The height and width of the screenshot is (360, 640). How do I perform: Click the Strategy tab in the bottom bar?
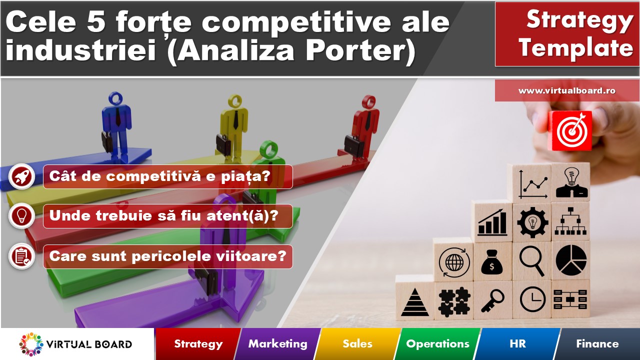(198, 343)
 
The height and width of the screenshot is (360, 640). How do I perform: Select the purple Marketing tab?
(277, 343)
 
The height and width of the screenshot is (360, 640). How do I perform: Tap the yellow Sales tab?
(357, 343)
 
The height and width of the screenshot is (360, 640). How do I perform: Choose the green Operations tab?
(437, 343)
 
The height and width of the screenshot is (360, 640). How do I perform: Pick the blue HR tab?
(517, 343)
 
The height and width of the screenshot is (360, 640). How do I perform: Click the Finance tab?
(597, 343)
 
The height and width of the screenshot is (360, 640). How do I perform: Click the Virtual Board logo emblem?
(31, 344)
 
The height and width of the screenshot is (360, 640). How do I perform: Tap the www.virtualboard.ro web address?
(567, 91)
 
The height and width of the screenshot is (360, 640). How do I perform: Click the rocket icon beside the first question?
(21, 176)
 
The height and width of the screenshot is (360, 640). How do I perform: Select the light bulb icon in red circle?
(21, 216)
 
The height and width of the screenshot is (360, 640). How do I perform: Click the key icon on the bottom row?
(492, 300)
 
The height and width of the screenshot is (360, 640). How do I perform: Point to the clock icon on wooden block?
(533, 299)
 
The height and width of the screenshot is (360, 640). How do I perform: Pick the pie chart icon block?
(571, 260)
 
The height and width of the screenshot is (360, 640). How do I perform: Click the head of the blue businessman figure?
(115, 98)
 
